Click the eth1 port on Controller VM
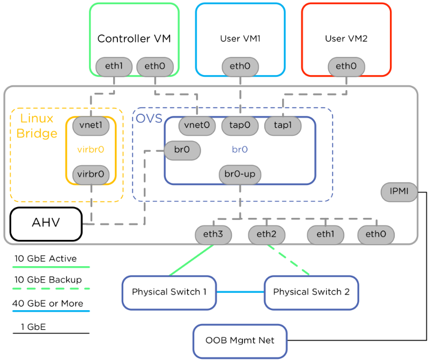(x=114, y=67)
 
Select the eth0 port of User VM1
(x=240, y=67)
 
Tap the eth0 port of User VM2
(x=346, y=67)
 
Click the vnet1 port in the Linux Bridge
(x=91, y=126)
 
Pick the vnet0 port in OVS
(x=197, y=126)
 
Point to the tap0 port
(x=240, y=126)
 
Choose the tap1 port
(x=283, y=126)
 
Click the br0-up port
(x=240, y=174)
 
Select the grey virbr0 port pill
(x=91, y=175)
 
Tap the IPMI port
(x=399, y=192)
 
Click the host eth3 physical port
(x=213, y=234)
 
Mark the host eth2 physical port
(x=267, y=234)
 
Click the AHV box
(x=46, y=224)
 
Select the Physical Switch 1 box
(x=169, y=292)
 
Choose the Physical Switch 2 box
(x=312, y=292)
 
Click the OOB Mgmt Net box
(x=240, y=341)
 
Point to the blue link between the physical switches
(x=240, y=292)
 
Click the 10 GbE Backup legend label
(x=48, y=280)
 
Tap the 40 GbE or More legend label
(x=48, y=304)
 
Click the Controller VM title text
(x=134, y=39)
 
